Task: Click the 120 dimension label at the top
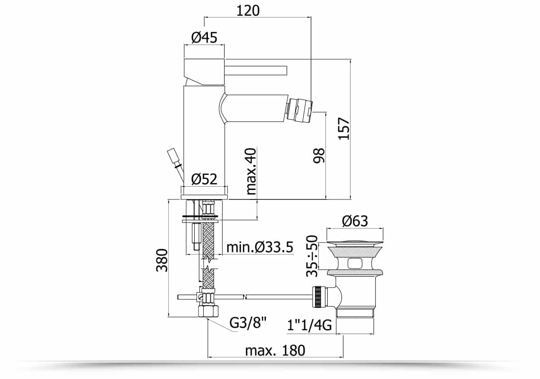point(248,10)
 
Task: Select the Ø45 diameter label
point(204,37)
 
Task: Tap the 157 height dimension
point(344,129)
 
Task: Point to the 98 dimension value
point(319,155)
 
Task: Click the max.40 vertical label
point(252,171)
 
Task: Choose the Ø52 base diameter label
point(204,179)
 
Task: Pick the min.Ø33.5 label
point(260,247)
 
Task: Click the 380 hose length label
point(162,260)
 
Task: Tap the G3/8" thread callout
point(248,323)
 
